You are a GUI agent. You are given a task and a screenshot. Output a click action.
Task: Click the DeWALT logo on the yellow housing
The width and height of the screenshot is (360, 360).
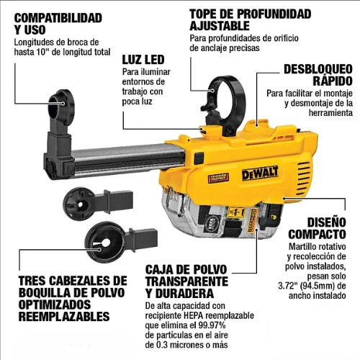260,173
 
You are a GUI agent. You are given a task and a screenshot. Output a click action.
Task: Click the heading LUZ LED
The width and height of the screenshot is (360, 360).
143,60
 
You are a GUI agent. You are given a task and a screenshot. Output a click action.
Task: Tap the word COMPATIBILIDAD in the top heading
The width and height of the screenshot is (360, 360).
58,18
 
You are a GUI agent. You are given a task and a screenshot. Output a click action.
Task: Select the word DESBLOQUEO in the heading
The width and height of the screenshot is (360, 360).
318,69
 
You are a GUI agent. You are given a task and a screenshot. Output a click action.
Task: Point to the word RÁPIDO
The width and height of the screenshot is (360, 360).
333,81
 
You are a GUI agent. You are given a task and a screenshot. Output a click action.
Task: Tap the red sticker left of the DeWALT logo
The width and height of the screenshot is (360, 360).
218,178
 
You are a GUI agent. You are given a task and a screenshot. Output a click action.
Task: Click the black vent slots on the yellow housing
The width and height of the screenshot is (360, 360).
304,179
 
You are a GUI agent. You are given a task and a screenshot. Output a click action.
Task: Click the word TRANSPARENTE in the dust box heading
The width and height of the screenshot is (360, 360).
186,282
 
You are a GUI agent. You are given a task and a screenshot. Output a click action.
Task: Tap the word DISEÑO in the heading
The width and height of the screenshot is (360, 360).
327,222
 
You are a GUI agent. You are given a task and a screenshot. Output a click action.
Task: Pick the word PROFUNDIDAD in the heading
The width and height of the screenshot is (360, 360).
274,14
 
